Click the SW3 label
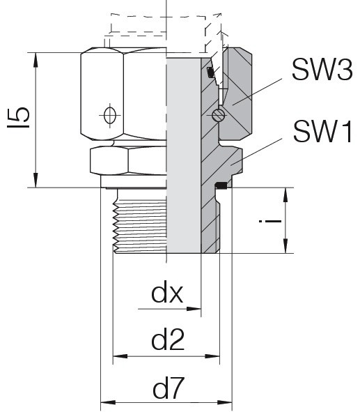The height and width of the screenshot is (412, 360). (322, 70)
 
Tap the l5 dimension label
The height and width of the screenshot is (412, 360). (18, 117)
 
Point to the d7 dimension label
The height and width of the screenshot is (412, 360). (167, 388)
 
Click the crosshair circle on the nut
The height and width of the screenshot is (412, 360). (110, 115)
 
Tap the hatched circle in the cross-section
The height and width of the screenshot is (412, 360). (219, 115)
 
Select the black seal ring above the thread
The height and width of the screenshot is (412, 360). (221, 185)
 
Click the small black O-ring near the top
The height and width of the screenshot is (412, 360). (210, 73)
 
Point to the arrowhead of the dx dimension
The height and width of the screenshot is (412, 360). (194, 309)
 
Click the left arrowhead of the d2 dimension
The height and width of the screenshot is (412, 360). (120, 356)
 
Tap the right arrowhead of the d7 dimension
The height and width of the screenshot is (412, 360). (225, 402)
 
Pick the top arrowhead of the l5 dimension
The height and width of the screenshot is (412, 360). (36, 60)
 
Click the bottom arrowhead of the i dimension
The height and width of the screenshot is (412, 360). (285, 246)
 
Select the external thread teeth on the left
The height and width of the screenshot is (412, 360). (116, 227)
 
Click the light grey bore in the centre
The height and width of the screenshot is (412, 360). (184, 155)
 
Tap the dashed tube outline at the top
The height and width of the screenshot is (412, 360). (165, 24)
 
